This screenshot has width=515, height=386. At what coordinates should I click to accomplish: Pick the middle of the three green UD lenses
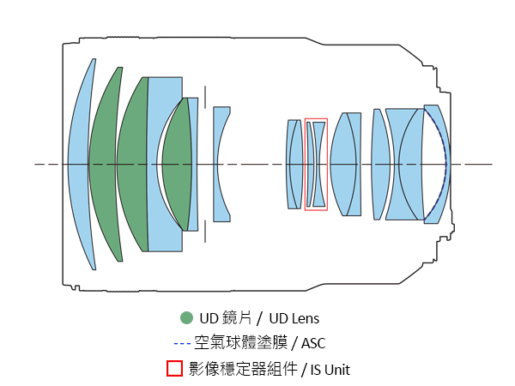coord(130,163)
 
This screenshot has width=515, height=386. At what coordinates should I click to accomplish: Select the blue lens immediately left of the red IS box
coord(293,163)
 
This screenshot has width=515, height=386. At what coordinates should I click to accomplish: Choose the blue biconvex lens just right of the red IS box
coord(344,163)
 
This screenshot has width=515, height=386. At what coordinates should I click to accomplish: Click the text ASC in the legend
coord(313,344)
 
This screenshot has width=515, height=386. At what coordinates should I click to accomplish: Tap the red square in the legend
coord(173,369)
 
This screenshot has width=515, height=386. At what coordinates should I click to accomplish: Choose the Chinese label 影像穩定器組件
coord(240,369)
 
